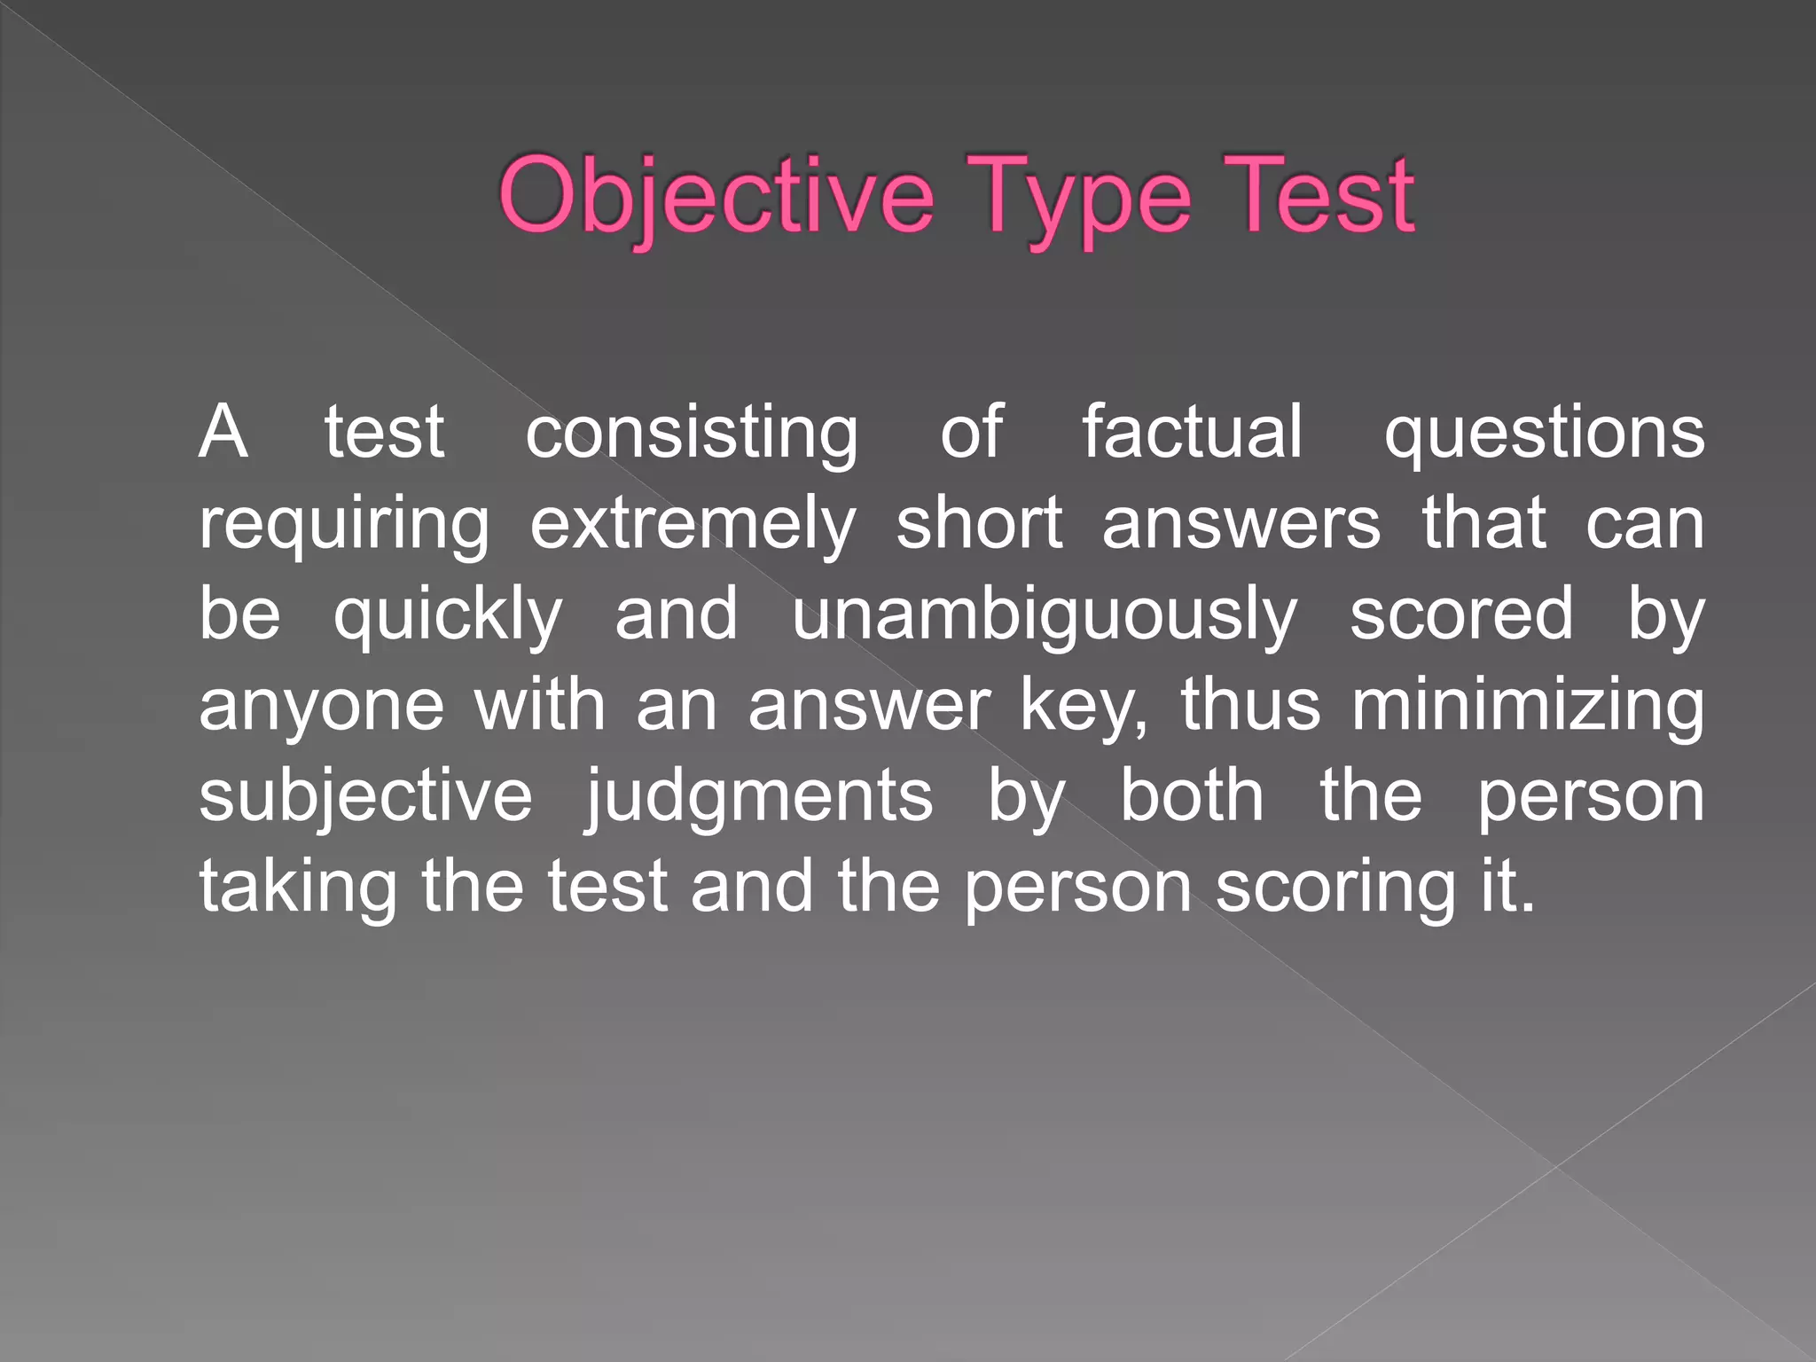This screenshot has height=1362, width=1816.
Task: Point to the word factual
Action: click(x=1193, y=432)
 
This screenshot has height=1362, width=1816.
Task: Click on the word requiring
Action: click(x=344, y=526)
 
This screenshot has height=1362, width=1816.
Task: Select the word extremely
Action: click(x=693, y=526)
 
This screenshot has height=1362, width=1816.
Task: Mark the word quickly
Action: click(x=448, y=616)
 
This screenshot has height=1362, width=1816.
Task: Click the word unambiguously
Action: click(x=1045, y=616)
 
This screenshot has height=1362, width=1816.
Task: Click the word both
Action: click(x=1192, y=795)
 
